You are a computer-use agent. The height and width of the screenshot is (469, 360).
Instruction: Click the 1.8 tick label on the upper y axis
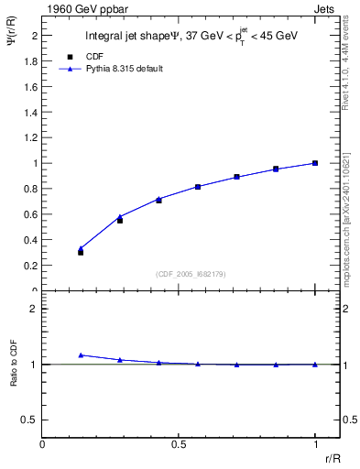(x=30, y=60)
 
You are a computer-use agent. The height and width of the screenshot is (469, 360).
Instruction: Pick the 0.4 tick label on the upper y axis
(x=30, y=240)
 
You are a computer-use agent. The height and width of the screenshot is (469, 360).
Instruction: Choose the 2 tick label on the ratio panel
(x=34, y=309)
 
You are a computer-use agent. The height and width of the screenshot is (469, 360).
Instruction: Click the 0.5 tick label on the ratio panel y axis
(x=30, y=420)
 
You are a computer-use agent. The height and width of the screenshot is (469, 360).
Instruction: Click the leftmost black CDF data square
(x=81, y=251)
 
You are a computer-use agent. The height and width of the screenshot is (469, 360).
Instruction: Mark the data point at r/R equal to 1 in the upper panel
(x=315, y=163)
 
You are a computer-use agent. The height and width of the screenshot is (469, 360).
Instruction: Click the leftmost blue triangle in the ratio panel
(x=81, y=354)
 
